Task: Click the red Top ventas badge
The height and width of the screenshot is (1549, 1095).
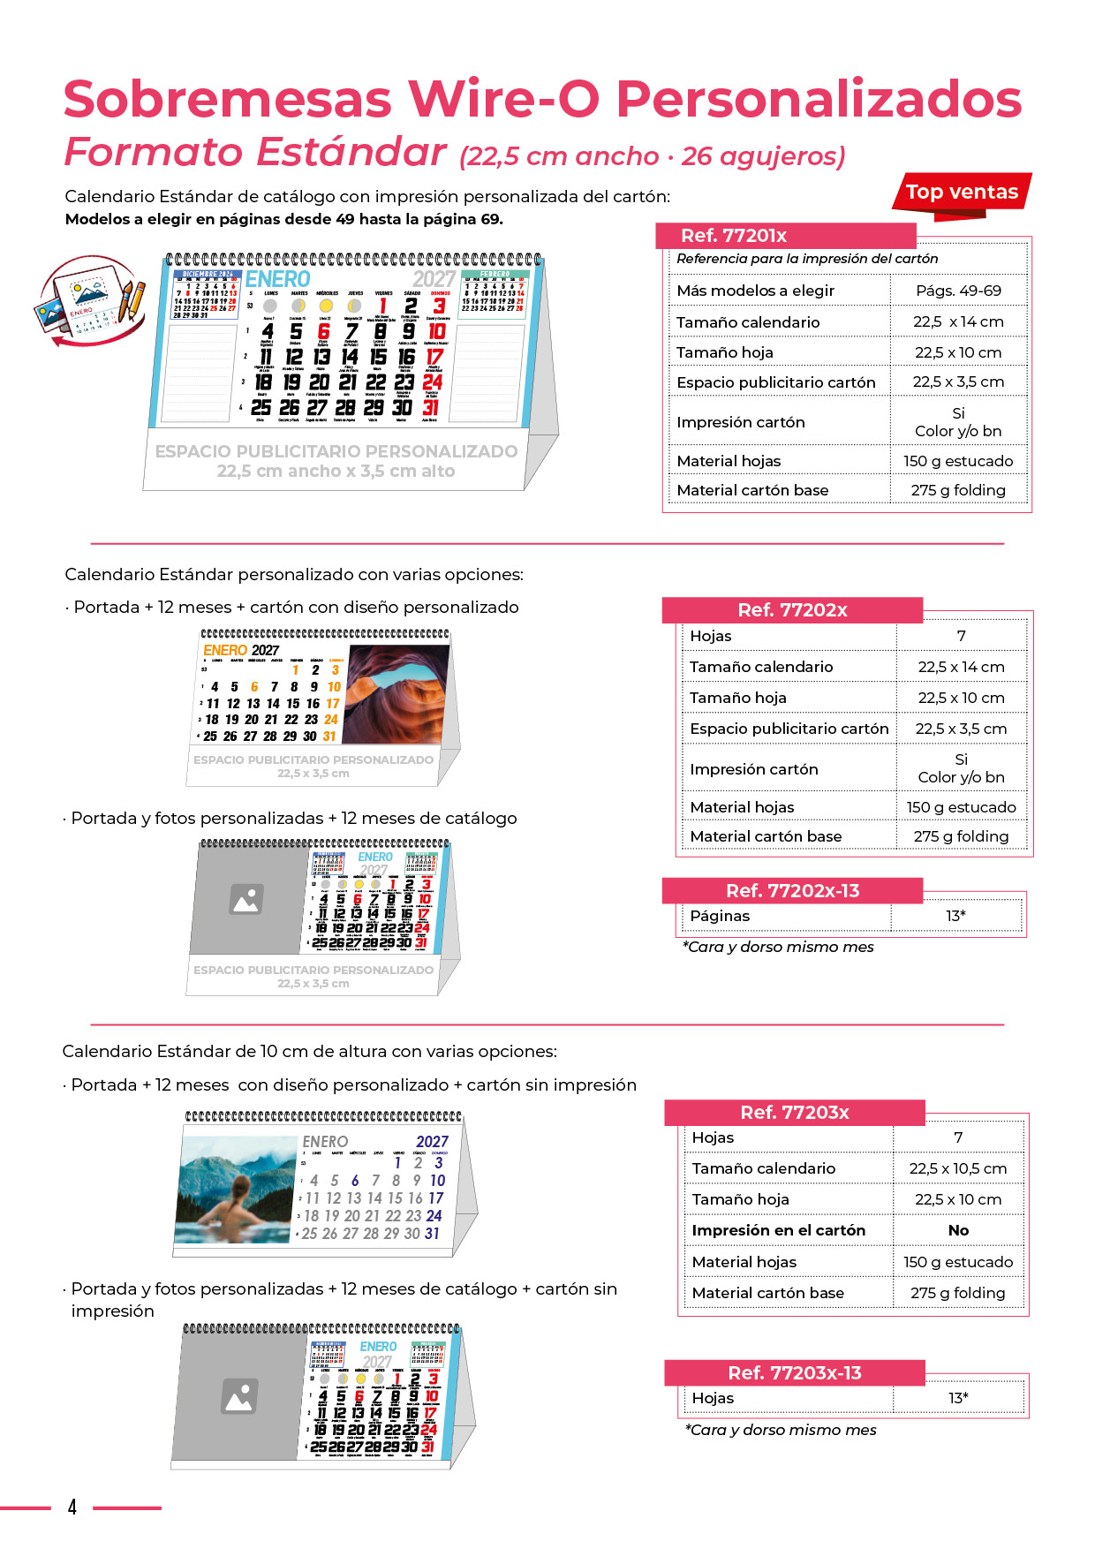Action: (962, 192)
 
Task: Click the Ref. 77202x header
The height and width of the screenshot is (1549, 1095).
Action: (792, 610)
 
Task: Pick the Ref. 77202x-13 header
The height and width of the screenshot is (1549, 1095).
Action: (792, 891)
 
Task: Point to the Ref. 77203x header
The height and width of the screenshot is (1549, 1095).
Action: (794, 1113)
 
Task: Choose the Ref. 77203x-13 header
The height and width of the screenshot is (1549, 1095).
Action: (794, 1373)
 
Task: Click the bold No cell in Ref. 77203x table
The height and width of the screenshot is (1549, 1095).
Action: (958, 1230)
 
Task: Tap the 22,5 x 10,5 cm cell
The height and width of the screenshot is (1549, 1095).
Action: (958, 1168)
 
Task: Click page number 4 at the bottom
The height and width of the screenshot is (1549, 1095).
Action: (72, 1507)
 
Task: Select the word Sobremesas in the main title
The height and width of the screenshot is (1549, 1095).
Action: (228, 99)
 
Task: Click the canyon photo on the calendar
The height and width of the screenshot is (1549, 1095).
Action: (397, 693)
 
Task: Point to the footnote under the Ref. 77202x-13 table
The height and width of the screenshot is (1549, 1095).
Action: (778, 947)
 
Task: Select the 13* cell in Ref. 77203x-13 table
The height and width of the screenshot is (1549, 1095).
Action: (958, 1398)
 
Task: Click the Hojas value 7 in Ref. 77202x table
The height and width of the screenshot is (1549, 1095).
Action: (961, 636)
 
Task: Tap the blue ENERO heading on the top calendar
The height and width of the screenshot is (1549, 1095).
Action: (277, 279)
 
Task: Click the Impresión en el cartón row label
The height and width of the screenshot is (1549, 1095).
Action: (778, 1230)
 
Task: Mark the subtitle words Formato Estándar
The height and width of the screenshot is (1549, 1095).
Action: (255, 153)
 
